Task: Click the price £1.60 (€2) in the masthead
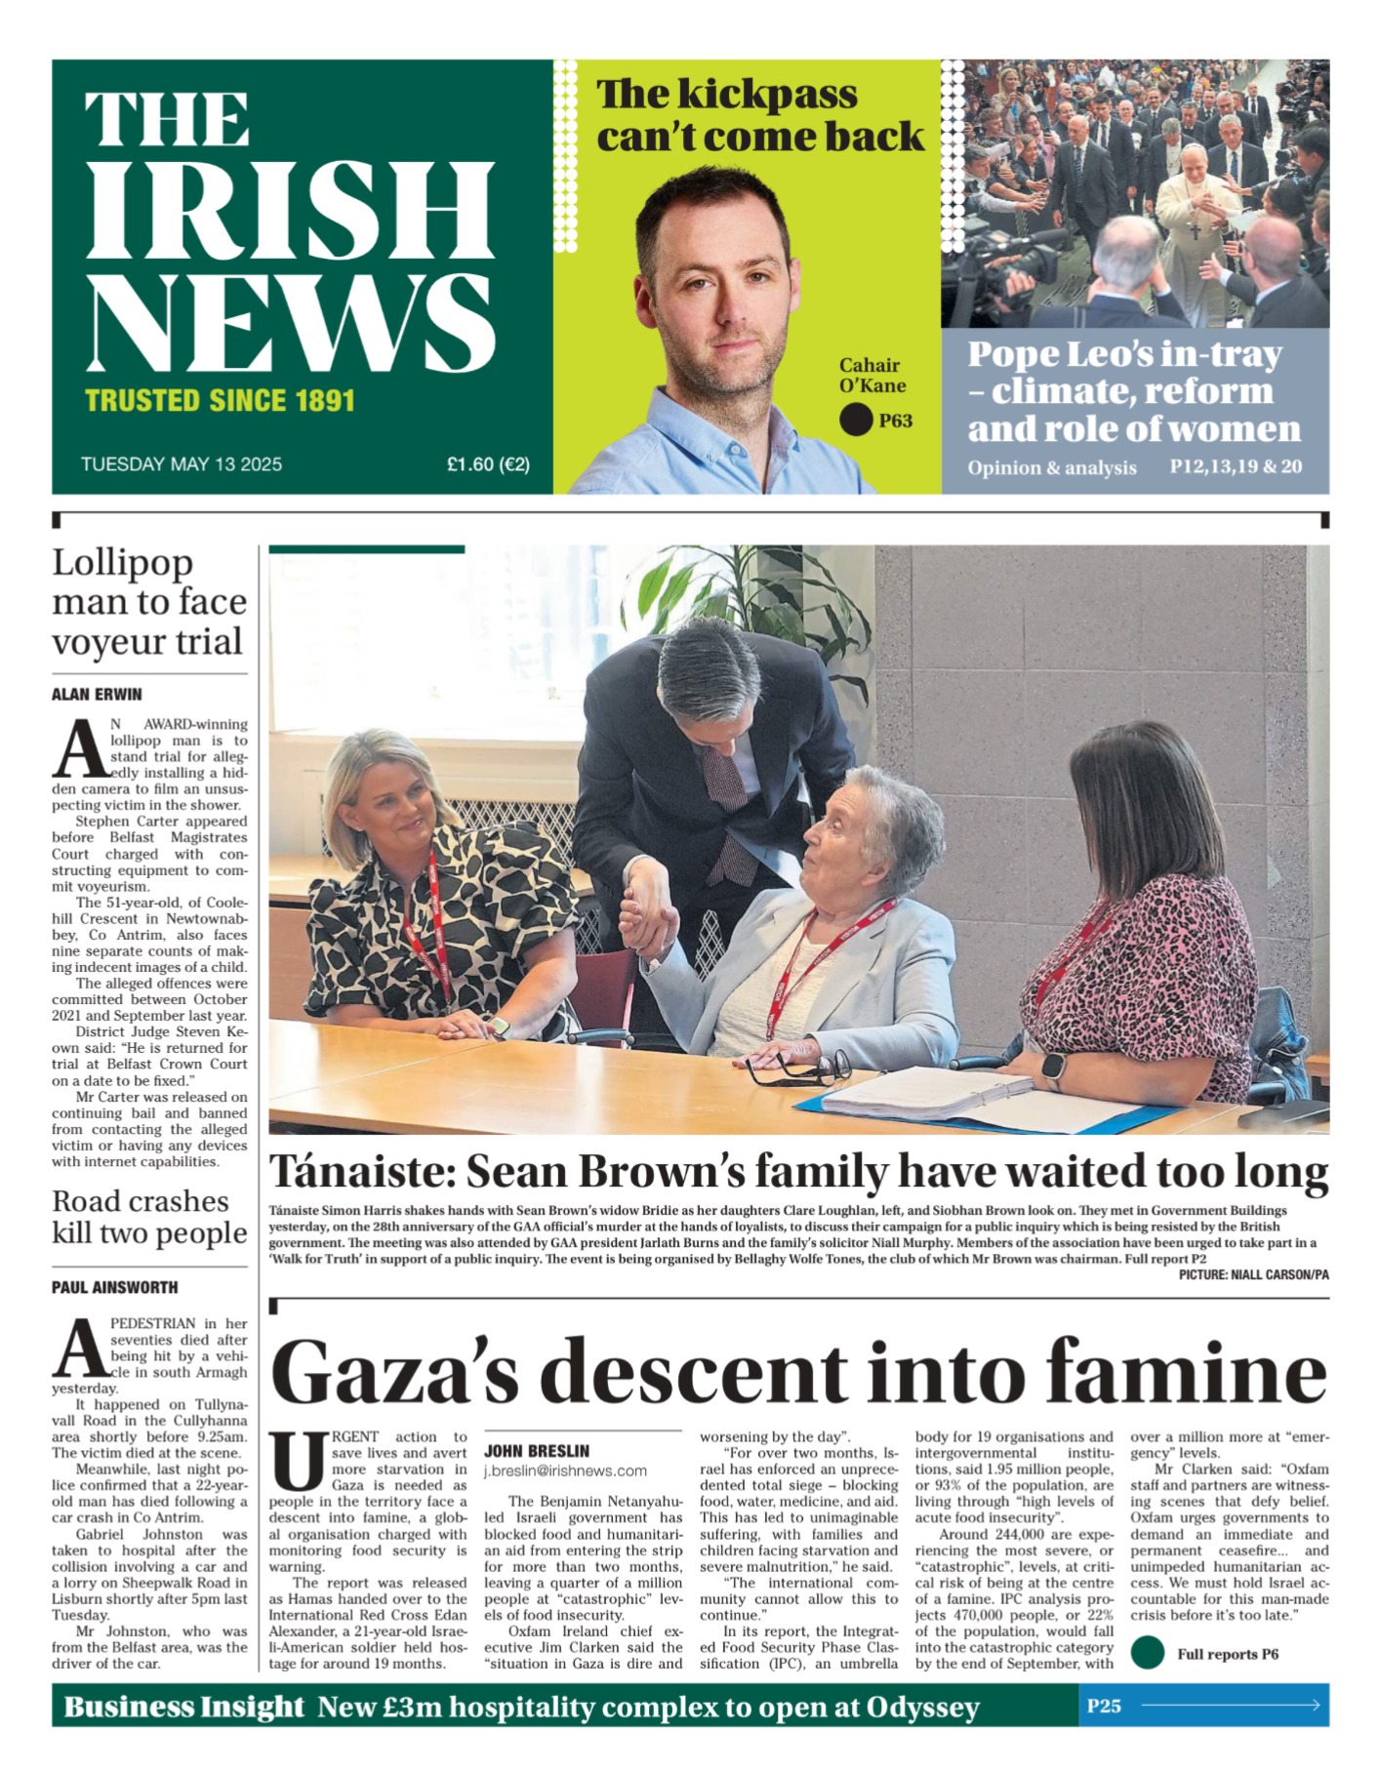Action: click(488, 463)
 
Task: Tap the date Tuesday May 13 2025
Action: click(182, 463)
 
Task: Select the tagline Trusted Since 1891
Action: click(220, 401)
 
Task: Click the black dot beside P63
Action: click(856, 421)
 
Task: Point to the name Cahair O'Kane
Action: click(872, 375)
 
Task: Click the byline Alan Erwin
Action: click(97, 695)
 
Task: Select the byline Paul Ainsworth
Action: click(115, 1288)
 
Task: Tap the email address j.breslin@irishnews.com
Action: click(565, 1471)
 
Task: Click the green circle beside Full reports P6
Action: click(1148, 1653)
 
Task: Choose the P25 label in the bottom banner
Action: click(1104, 1706)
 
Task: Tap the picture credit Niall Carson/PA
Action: click(1253, 1274)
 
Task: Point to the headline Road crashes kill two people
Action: click(149, 1217)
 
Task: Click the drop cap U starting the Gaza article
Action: click(296, 1460)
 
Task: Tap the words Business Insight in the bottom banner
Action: click(184, 1706)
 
